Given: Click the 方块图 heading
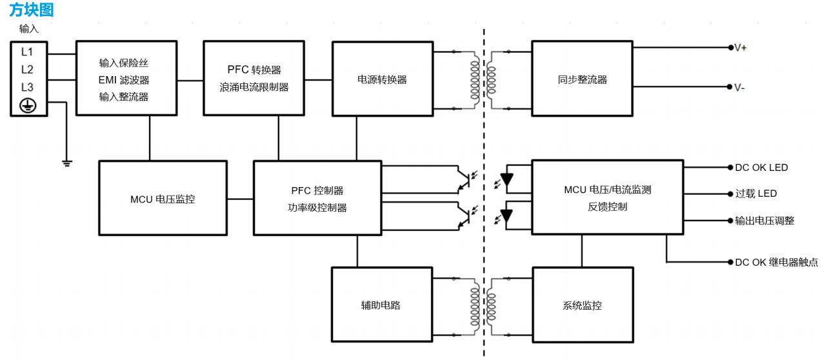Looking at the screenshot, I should pos(32,10).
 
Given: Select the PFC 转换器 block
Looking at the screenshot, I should pos(254,78).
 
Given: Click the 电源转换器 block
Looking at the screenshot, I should pos(383,79).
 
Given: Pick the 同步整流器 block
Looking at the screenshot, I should pos(582,79).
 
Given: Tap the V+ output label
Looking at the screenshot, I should pos(741,48).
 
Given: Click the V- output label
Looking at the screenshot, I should pos(739,87).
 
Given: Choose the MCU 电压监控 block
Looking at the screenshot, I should pos(163,199).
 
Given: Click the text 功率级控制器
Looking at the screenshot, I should pos(317,208).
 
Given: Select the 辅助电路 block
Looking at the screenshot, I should pos(381,305).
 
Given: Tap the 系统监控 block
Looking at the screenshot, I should pos(582,305).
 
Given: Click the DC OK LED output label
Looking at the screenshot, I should pos(761,168).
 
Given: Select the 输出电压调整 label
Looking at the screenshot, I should pos(765,221).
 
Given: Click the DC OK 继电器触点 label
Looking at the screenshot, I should pos(776,263).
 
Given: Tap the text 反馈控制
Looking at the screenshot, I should pos(607,207).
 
